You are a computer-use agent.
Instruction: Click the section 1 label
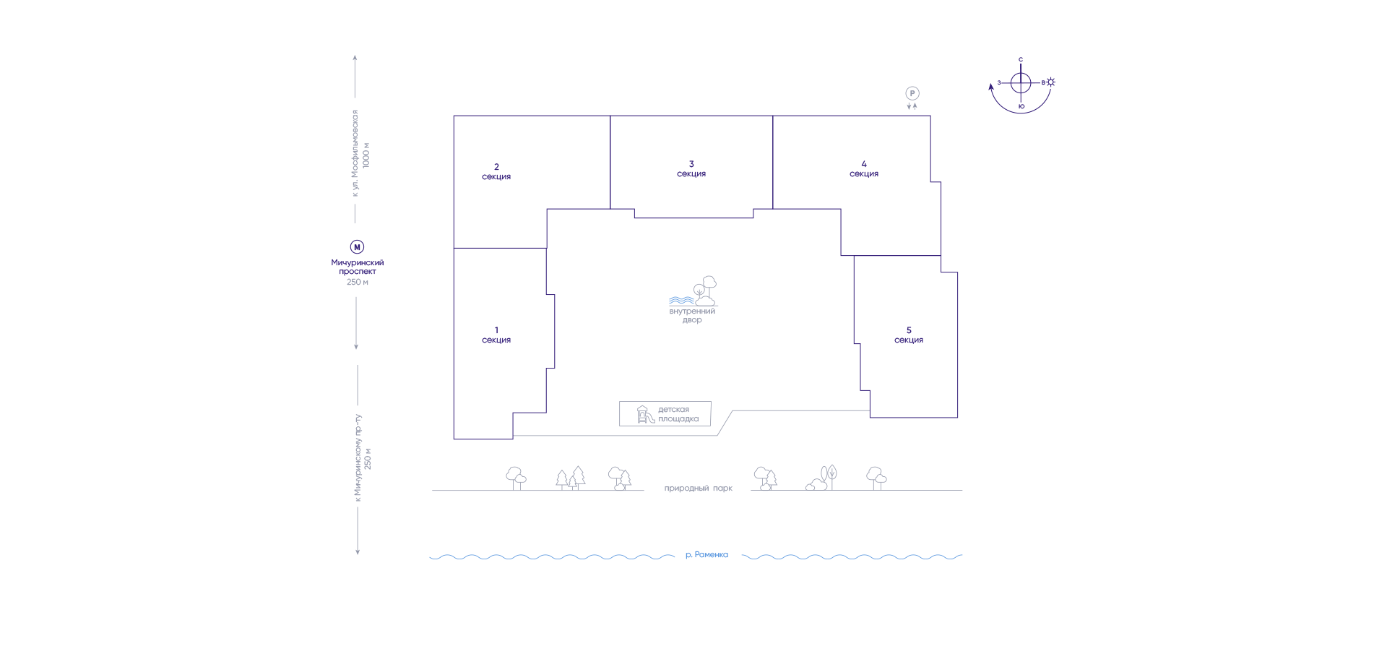click(496, 335)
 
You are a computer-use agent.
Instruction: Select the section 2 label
click(496, 171)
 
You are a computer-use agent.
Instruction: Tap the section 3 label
click(691, 168)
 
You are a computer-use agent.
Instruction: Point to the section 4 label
click(864, 168)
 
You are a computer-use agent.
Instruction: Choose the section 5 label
click(909, 335)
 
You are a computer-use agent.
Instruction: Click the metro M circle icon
click(357, 247)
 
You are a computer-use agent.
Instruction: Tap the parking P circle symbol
click(912, 93)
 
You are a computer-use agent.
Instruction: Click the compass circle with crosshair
click(1021, 83)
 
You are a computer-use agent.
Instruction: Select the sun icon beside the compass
click(1051, 82)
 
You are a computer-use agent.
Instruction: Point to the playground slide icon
click(645, 414)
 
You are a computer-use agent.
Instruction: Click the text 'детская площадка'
click(678, 414)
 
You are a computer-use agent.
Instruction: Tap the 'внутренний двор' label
click(692, 316)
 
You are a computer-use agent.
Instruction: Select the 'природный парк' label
click(699, 489)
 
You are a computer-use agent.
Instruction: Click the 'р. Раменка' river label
click(707, 555)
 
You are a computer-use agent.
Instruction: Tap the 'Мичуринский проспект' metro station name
click(358, 267)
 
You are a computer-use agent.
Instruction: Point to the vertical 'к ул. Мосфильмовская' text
click(355, 153)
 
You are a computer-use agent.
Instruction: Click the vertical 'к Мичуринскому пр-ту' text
click(358, 458)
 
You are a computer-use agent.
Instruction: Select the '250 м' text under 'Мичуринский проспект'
click(358, 283)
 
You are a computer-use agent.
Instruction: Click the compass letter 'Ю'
click(1021, 107)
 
